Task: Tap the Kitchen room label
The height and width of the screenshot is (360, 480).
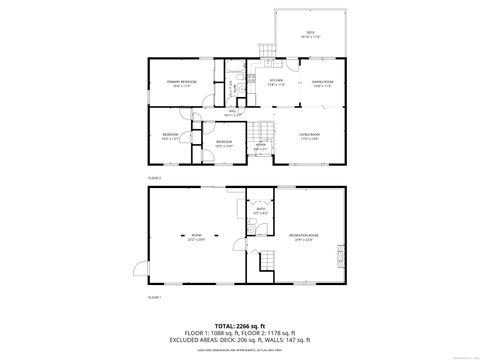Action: click(x=276, y=82)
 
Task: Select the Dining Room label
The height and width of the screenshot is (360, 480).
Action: click(x=322, y=82)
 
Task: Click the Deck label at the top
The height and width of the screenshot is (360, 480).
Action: click(x=309, y=34)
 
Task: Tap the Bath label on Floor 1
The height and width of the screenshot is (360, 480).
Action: click(x=260, y=211)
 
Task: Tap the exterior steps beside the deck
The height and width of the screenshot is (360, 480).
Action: click(x=266, y=53)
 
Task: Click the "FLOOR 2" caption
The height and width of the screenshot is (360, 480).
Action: click(x=154, y=176)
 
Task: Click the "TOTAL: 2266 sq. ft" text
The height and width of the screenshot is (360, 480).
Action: click(x=240, y=326)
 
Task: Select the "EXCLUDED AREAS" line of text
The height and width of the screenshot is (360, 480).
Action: click(x=240, y=343)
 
